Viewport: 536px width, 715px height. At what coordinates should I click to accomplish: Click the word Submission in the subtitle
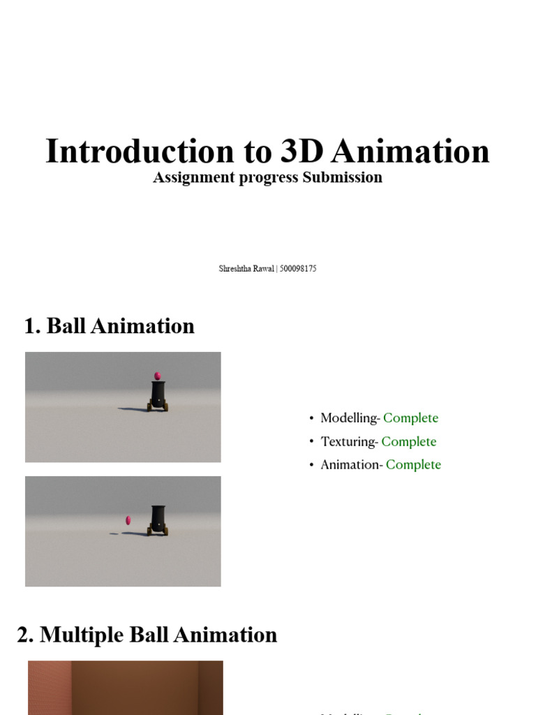pos(342,177)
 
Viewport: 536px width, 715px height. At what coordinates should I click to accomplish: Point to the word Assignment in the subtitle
pos(193,177)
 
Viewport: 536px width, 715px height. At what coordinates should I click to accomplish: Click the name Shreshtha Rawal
pos(246,269)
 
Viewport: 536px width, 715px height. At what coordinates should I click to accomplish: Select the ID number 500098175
pos(298,269)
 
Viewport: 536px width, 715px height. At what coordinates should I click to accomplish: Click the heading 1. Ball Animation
pos(109,326)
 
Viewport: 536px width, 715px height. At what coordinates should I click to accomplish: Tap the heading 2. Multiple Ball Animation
pos(147,635)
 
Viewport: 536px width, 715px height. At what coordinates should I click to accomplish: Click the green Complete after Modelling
pos(410,418)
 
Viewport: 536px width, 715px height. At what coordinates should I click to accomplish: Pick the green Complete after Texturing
pos(408,441)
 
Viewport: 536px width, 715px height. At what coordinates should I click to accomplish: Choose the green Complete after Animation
pos(413,464)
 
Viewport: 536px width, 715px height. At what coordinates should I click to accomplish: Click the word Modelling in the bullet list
pos(348,418)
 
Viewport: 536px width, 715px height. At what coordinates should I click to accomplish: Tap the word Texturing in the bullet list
pos(348,441)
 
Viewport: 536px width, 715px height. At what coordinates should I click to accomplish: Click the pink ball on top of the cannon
pos(157,376)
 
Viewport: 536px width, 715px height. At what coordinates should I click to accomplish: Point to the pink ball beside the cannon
pos(128,520)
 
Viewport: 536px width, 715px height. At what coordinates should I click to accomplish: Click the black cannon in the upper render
pos(158,395)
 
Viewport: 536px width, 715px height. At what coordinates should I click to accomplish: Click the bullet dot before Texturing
pos(311,442)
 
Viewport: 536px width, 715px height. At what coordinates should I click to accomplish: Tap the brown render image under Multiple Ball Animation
pos(126,688)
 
